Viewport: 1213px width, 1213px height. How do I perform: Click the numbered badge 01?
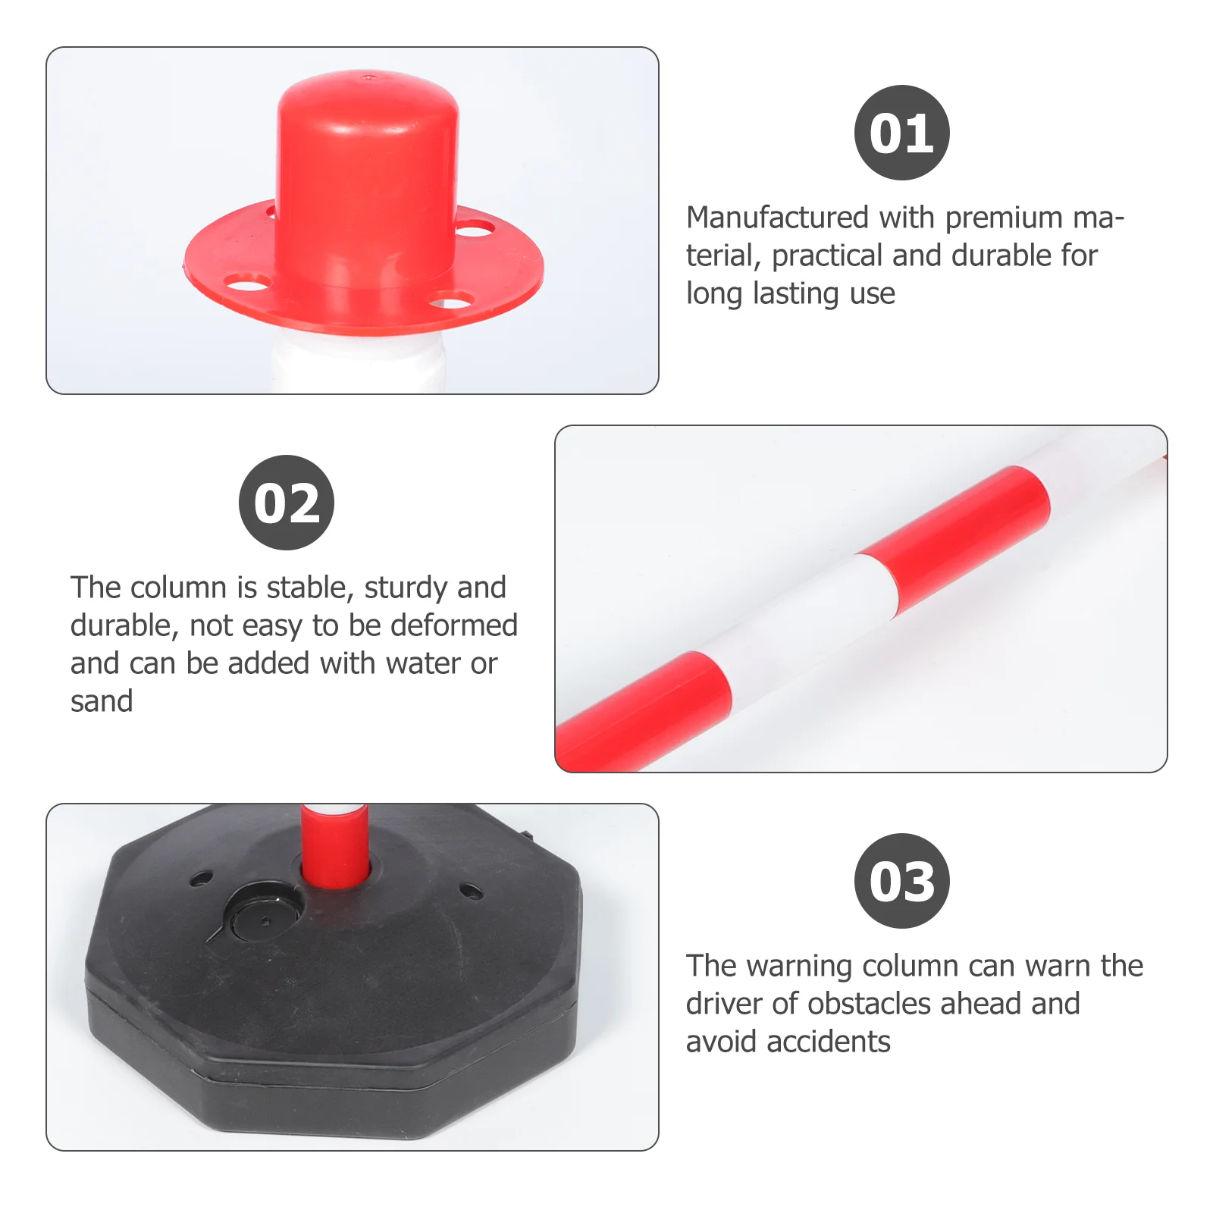pos(901,133)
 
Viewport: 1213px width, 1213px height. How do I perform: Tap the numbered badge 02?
pos(287,503)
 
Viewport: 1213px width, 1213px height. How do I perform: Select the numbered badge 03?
pos(901,881)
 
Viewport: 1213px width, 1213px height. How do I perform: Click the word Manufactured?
pos(777,218)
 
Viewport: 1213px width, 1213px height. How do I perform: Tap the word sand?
pos(102,701)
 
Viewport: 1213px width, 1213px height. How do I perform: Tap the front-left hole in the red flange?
pos(248,285)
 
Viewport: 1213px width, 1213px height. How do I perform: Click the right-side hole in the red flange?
pos(475,227)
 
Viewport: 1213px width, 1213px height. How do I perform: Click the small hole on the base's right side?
pos(472,892)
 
